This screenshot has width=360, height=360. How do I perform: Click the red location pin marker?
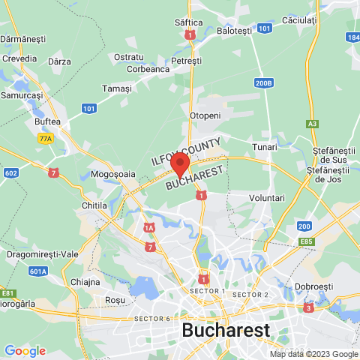(179, 163)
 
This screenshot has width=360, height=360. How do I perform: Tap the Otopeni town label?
(205, 115)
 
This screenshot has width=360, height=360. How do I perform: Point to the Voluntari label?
(266, 197)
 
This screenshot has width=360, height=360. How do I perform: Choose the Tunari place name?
(265, 146)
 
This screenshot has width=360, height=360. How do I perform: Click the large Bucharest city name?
(226, 330)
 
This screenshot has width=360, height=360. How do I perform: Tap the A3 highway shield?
(313, 123)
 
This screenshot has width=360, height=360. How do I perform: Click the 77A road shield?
(46, 138)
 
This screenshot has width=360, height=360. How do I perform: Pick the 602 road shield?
(10, 172)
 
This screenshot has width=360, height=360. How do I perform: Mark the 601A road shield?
(39, 271)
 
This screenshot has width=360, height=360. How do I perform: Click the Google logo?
(25, 350)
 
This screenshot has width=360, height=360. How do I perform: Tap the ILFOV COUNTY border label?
(186, 151)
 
